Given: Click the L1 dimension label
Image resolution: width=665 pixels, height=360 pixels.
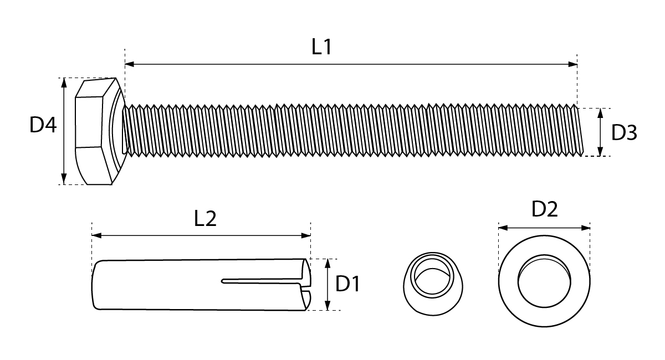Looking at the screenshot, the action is click(321, 47).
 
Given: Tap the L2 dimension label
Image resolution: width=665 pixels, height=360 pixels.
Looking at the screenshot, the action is click(205, 218).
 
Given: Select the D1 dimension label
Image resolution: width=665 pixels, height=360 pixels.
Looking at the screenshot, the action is click(347, 284).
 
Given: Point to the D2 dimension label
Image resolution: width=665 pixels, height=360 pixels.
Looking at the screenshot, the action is click(544, 209).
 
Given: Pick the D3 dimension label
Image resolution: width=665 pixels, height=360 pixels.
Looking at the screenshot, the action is click(624, 132).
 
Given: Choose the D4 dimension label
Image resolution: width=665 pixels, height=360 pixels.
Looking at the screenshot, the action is click(43, 125).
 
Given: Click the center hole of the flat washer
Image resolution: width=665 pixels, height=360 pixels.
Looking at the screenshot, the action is click(544, 281).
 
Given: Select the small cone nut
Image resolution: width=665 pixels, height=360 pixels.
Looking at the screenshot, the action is click(433, 284).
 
